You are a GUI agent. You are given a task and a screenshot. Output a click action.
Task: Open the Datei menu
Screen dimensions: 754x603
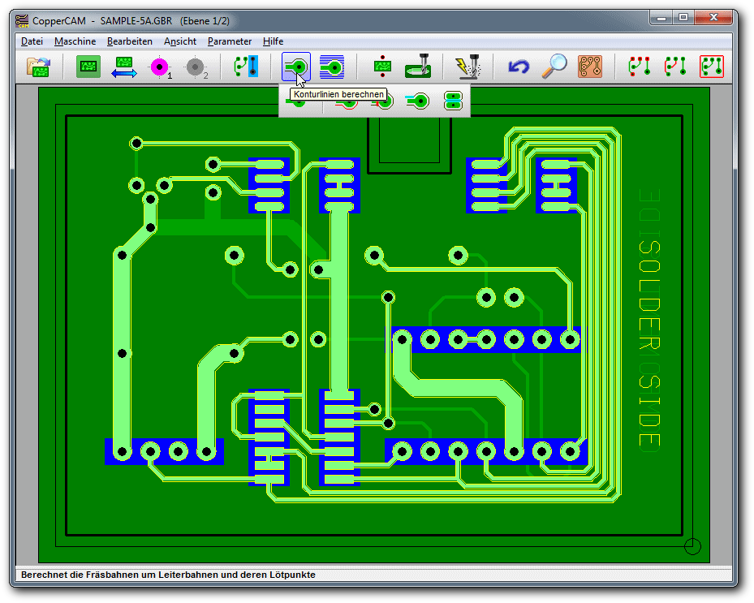32,41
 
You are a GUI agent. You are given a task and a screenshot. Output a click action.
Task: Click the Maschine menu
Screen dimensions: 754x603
75,41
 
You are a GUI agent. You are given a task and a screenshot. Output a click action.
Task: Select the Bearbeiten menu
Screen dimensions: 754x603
129,41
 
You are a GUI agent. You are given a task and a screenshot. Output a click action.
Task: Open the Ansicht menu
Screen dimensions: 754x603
180,41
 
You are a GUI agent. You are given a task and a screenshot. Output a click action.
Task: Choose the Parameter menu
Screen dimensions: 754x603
230,41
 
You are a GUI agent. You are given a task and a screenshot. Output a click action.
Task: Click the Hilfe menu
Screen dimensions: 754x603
273,41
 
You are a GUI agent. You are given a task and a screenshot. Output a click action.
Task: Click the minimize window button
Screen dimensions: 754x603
661,18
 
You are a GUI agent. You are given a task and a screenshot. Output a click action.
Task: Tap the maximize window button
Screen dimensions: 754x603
683,18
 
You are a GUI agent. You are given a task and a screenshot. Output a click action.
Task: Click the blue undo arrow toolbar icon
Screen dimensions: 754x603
519,67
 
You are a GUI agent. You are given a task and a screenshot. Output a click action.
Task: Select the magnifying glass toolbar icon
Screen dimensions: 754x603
554,66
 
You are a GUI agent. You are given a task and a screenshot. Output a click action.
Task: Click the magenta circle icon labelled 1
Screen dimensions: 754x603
160,67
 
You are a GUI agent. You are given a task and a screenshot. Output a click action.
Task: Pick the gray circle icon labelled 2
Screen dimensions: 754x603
196,67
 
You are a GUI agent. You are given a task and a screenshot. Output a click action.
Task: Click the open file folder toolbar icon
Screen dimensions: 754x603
38,67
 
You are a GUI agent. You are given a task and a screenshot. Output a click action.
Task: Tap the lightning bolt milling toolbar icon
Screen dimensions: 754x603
467,67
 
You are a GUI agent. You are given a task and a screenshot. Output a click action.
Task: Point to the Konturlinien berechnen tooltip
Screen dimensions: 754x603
338,94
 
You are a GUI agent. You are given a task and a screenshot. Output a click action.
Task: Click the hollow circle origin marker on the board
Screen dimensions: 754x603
692,546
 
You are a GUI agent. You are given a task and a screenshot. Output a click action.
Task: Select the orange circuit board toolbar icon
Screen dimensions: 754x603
590,67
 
